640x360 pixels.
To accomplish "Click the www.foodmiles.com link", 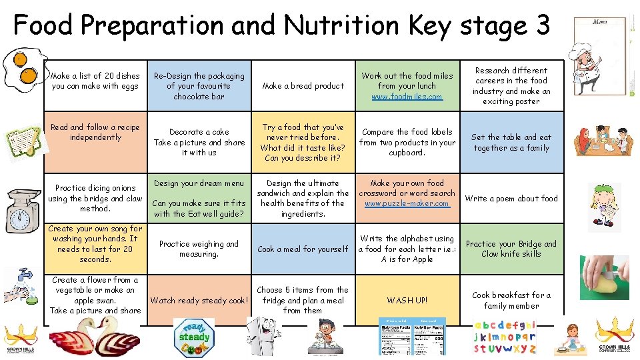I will pyautogui.click(x=407, y=97).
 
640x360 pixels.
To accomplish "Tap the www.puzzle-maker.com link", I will pyautogui.click(x=407, y=203).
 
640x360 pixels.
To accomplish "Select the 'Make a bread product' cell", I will pyautogui.click(x=303, y=86).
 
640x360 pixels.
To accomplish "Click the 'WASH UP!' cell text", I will pyautogui.click(x=407, y=300).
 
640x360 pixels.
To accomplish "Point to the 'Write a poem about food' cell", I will pyautogui.click(x=511, y=198).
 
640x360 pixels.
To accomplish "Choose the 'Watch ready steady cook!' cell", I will pyautogui.click(x=199, y=300).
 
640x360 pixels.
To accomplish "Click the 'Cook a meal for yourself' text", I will pyautogui.click(x=303, y=249).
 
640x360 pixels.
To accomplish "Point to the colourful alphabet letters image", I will pyautogui.click(x=505, y=337).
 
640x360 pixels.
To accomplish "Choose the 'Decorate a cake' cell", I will pyautogui.click(x=199, y=142).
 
